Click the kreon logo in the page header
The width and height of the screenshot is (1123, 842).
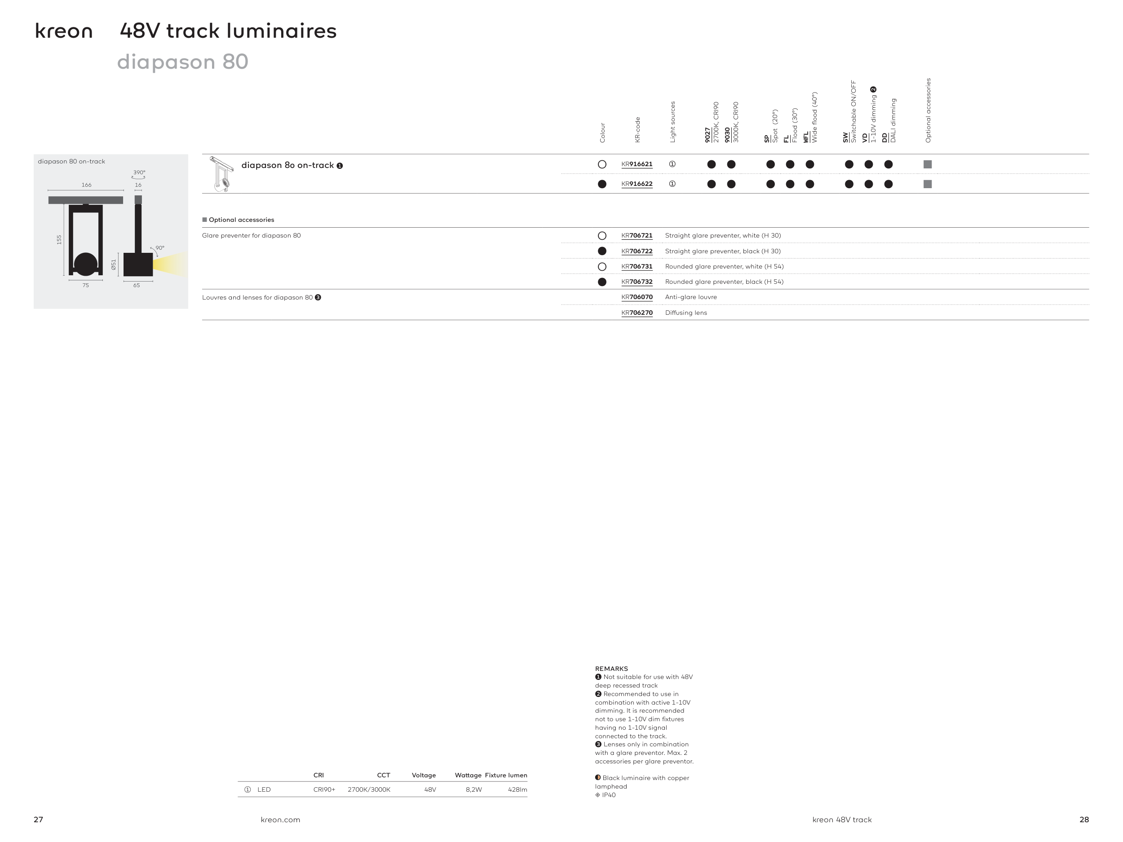pyautogui.click(x=63, y=31)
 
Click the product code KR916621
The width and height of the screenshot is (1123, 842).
pyautogui.click(x=637, y=164)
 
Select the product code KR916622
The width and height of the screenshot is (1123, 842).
pyautogui.click(x=637, y=184)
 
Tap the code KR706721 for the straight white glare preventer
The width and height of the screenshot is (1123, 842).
pyautogui.click(x=637, y=235)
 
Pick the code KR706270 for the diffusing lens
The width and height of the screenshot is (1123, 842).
pyautogui.click(x=637, y=313)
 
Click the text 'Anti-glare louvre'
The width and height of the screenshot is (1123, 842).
pyautogui.click(x=691, y=297)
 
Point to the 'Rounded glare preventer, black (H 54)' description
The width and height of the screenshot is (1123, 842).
pyautogui.click(x=724, y=282)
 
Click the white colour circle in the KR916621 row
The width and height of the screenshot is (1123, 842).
pyautogui.click(x=602, y=164)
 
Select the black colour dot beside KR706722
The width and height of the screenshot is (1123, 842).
pyautogui.click(x=602, y=251)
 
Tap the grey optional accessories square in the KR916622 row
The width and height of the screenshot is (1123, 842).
pyautogui.click(x=928, y=184)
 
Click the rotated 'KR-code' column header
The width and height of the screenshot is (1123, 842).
pyautogui.click(x=638, y=130)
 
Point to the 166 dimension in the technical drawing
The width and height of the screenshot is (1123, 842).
pyautogui.click(x=86, y=185)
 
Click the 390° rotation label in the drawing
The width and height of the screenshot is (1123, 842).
pyautogui.click(x=139, y=172)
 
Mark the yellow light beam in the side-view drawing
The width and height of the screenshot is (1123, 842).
pyautogui.click(x=170, y=265)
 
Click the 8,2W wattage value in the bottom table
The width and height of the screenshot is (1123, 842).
pyautogui.click(x=473, y=790)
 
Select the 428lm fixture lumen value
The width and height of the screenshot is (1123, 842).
pyautogui.click(x=517, y=790)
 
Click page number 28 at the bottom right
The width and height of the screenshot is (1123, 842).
pyautogui.click(x=1084, y=820)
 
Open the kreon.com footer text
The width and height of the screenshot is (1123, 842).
pyautogui.click(x=280, y=820)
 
